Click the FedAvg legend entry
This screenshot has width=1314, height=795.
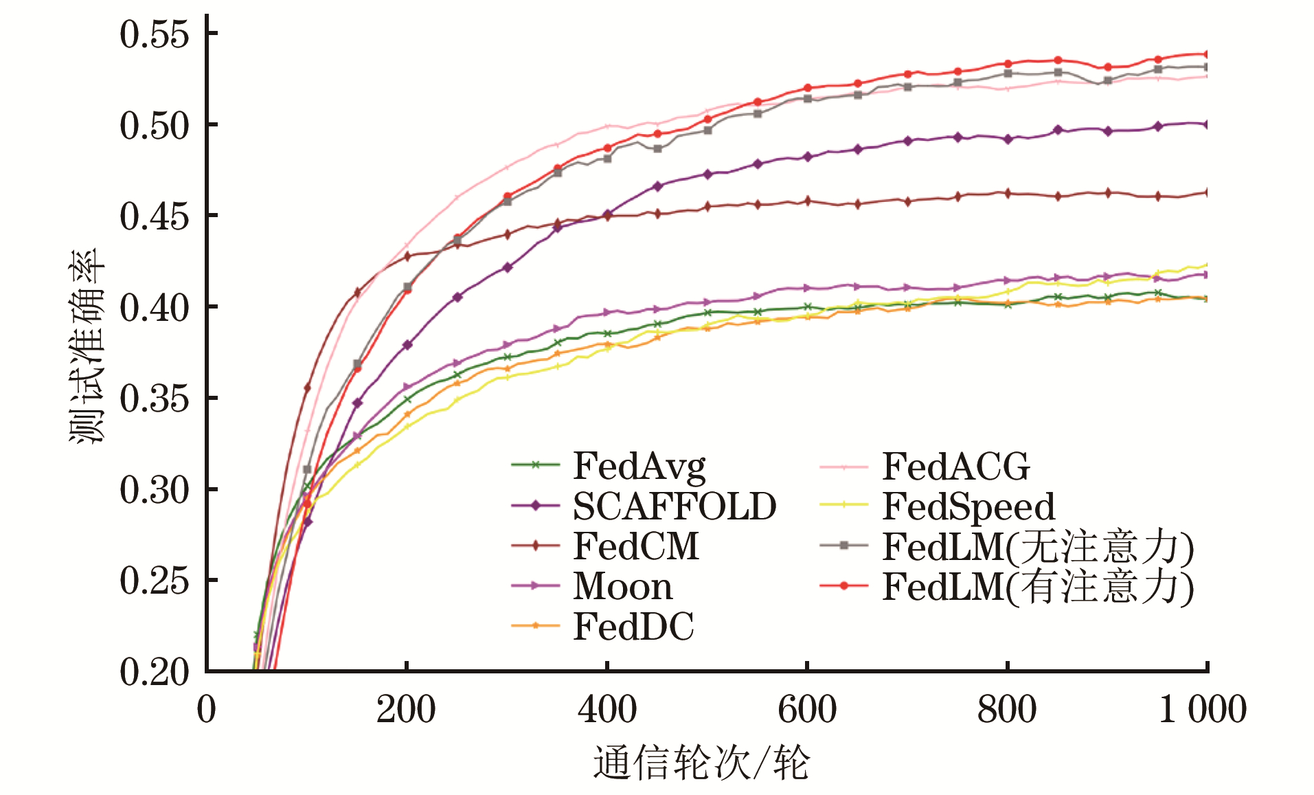point(639,467)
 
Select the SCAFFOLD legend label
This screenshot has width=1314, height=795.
point(675,506)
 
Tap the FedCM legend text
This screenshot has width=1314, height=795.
point(636,546)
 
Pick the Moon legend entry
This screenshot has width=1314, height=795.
point(622,586)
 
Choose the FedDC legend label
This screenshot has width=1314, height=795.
point(633,626)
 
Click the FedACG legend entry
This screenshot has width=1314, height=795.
point(955,467)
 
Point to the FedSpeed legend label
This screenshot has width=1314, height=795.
point(968,506)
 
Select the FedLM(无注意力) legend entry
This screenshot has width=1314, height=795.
point(1038,547)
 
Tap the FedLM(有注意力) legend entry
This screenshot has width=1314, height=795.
point(1038,587)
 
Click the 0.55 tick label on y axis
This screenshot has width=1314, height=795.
point(154,34)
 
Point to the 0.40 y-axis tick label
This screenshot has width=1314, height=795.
point(154,307)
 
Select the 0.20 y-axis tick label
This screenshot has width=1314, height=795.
point(154,671)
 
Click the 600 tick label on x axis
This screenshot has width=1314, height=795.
point(807,709)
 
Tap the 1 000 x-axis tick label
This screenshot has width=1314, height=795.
point(1202,709)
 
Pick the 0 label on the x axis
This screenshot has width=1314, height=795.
point(207,709)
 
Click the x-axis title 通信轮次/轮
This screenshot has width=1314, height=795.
point(701,763)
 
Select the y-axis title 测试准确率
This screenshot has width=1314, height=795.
point(87,346)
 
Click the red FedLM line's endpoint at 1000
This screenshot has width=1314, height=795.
point(1207,54)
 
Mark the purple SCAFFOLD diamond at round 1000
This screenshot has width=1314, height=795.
point(1207,124)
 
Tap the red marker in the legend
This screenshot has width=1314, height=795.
point(844,586)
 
